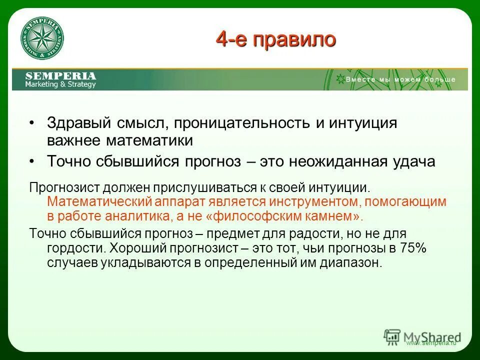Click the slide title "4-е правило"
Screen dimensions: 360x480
[x=275, y=39]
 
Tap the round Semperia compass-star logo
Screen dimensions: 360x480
[x=42, y=40]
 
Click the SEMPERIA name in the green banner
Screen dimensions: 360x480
[x=60, y=75]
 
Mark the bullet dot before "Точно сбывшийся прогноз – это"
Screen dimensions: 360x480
[x=32, y=161]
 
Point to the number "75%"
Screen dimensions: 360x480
[x=413, y=248]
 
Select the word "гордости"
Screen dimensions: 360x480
[x=74, y=248]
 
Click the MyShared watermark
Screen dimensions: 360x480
[x=422, y=337]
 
